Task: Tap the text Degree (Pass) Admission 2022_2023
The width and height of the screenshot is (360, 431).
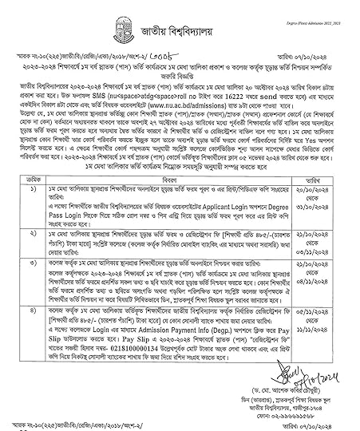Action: [x=328, y=4]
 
